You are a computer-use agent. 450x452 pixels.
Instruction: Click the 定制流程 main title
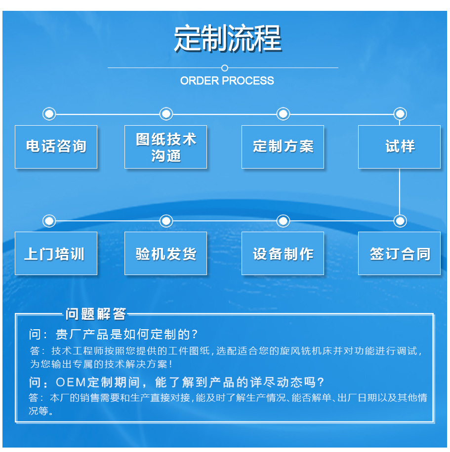tap(228, 38)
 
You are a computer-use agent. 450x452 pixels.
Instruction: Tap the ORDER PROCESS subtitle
tap(227, 81)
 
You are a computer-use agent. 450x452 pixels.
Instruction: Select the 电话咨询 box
tap(56, 147)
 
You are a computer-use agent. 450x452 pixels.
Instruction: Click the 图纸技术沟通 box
tap(165, 147)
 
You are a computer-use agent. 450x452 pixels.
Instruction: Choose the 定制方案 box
tap(283, 147)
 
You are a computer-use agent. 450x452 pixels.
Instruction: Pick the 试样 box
tap(399, 147)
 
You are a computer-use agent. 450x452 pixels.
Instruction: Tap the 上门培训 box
tap(56, 253)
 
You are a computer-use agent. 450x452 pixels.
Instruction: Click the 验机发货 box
tap(165, 253)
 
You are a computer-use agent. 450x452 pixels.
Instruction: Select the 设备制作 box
tap(283, 253)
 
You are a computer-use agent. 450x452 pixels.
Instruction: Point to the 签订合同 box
tap(399, 253)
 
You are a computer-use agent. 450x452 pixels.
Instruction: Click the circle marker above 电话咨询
tap(49, 114)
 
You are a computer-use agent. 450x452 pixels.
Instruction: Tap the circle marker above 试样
tap(400, 114)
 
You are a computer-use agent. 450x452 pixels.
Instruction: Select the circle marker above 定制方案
tap(283, 114)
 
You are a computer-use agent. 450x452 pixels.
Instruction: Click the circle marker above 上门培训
tap(49, 221)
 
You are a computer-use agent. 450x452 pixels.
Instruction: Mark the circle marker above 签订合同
tap(400, 221)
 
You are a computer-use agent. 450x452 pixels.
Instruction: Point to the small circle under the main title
tap(225, 68)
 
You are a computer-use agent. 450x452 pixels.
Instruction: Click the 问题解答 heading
tap(96, 314)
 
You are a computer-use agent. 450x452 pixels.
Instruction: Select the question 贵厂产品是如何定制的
tap(114, 335)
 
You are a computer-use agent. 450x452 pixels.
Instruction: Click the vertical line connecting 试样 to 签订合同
tap(400, 192)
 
